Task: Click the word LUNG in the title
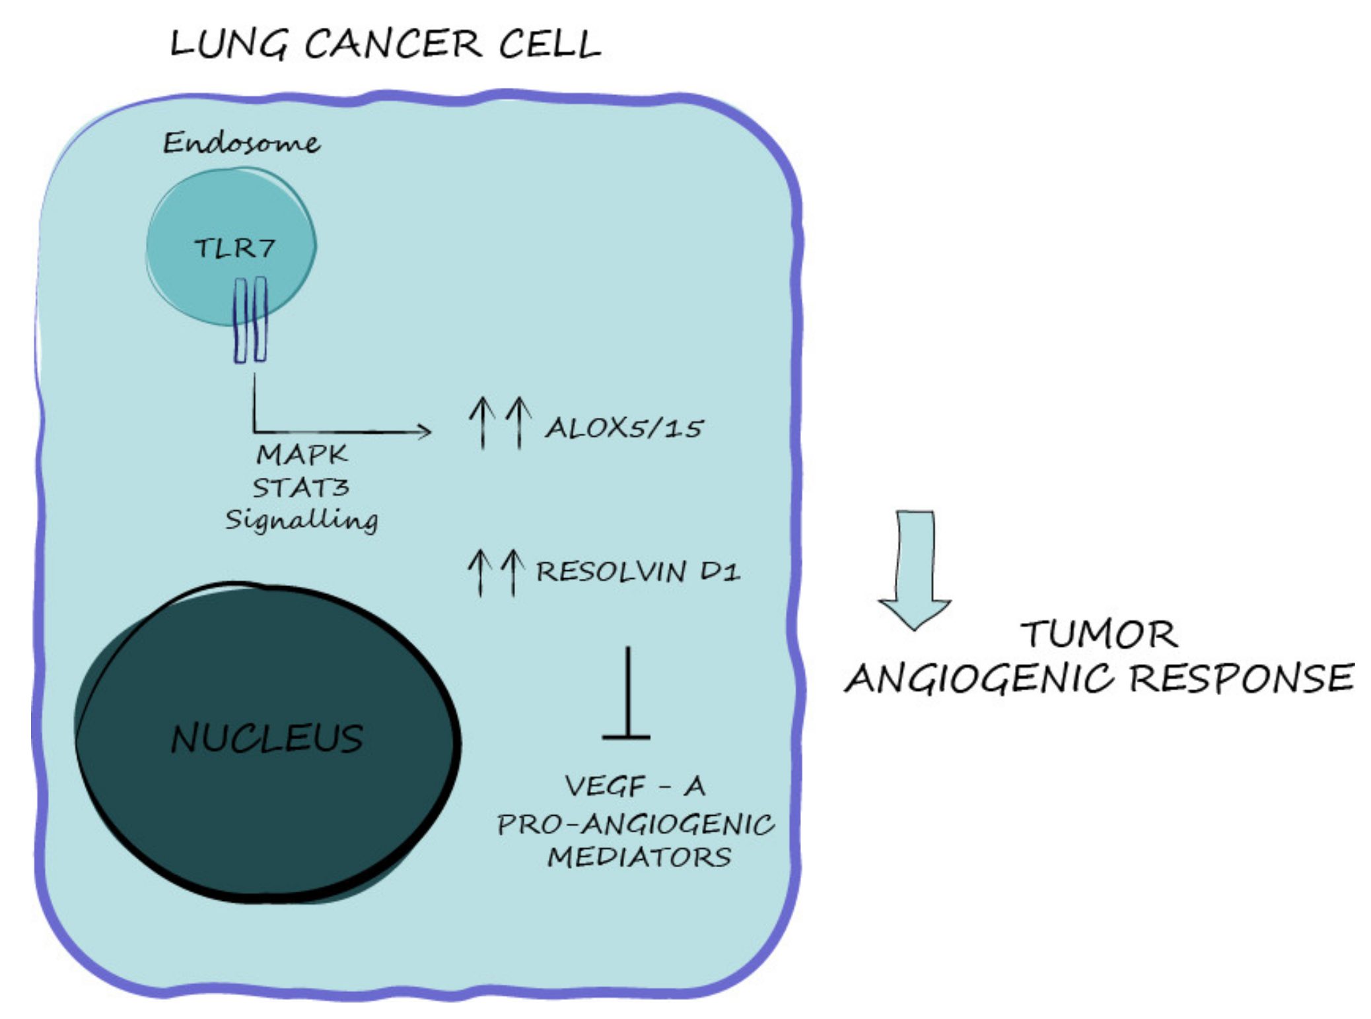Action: coord(228,45)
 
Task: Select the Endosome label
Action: coord(242,143)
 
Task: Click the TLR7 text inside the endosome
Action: coord(234,248)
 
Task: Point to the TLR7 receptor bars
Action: coord(250,320)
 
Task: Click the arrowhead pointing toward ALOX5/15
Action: coord(423,432)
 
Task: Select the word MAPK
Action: coord(301,454)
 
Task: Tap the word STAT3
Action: coord(300,488)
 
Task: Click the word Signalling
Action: coord(301,520)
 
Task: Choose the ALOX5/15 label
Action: coord(624,428)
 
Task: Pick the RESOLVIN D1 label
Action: coord(637,572)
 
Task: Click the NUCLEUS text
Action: coord(267,738)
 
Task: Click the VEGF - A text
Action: coord(635,786)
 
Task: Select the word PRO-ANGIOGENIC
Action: coord(635,824)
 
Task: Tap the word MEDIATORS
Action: coord(639,857)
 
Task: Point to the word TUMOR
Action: coord(1099,634)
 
